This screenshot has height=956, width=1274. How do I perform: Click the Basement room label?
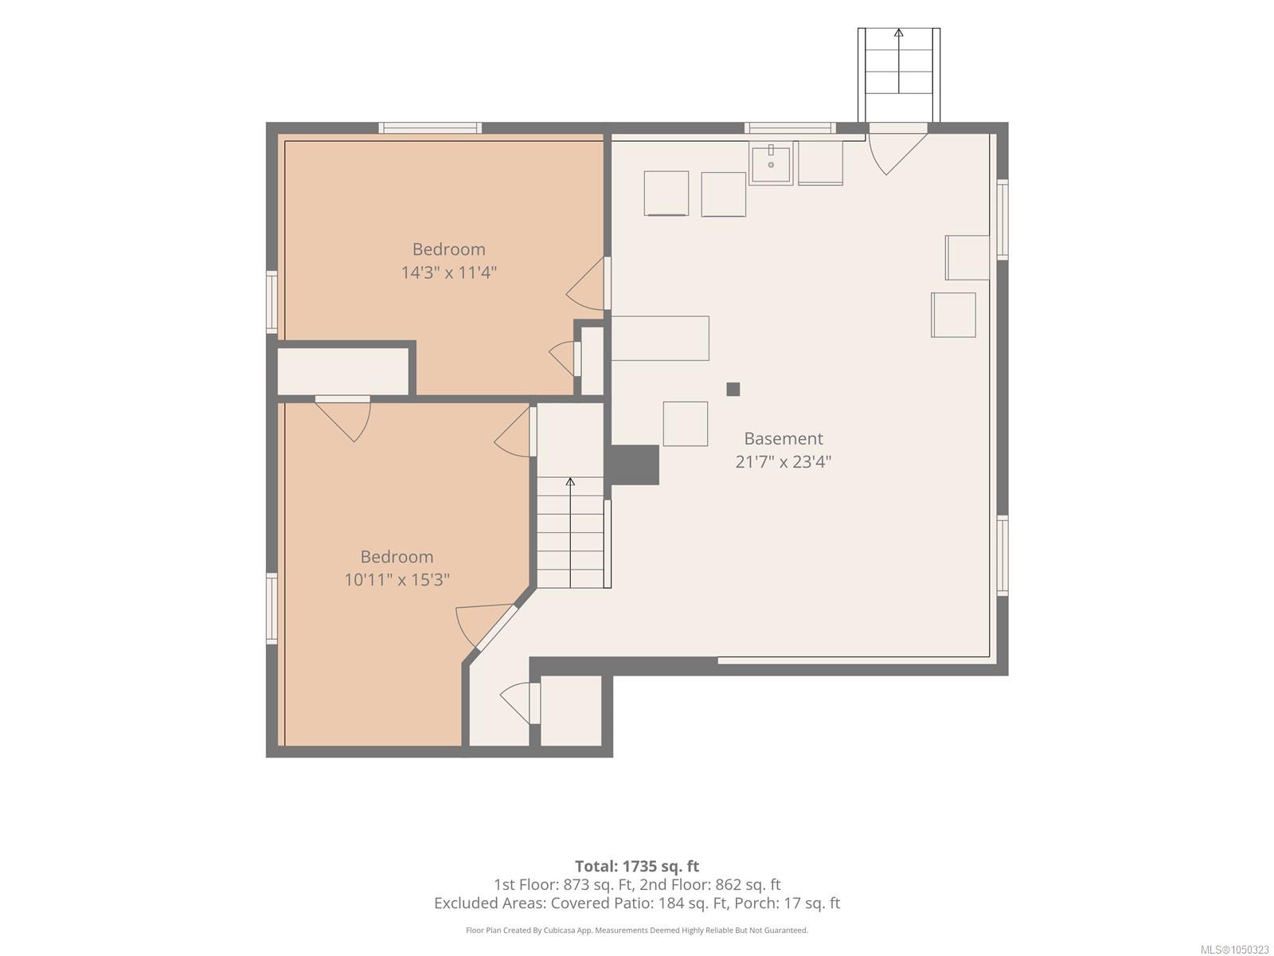[783, 438]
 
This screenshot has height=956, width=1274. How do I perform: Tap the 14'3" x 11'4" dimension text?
[448, 272]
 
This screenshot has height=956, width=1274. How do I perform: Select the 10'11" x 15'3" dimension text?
[397, 579]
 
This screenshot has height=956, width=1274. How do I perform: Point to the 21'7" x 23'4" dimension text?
[783, 461]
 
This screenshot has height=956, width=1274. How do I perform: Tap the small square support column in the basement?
[733, 389]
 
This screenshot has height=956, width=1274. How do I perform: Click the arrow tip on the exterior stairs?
[898, 31]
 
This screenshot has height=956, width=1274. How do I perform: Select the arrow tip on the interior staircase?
[570, 480]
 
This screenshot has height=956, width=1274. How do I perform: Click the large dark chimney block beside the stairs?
[635, 464]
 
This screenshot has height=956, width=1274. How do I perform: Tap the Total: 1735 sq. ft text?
[637, 866]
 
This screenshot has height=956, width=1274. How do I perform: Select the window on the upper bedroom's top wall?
[430, 127]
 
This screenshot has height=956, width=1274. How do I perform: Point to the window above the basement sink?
[790, 127]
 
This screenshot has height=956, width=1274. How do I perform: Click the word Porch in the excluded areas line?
[756, 903]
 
